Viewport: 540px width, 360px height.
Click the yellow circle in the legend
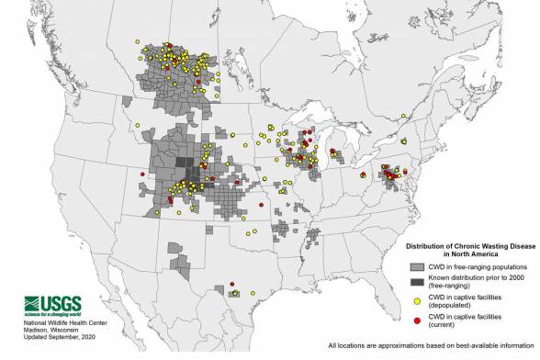[x=415, y=303]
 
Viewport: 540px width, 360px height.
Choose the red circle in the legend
[x=415, y=321]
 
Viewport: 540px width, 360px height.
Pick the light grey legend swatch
[x=415, y=268]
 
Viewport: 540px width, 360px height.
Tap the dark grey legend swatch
[x=415, y=284]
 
